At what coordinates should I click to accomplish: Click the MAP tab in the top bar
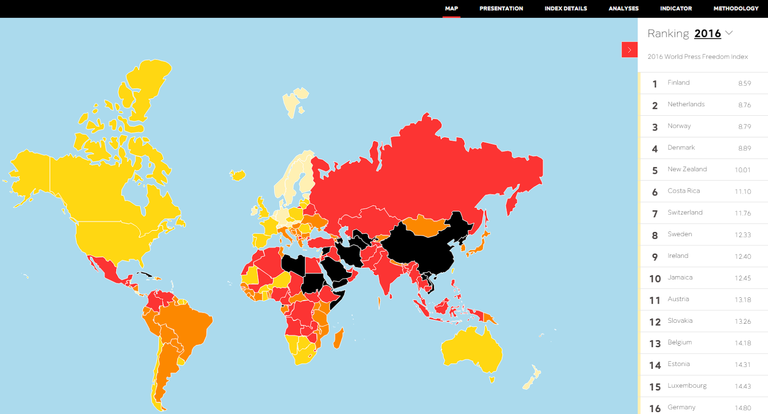coord(451,9)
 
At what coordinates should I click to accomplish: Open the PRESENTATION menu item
coord(501,9)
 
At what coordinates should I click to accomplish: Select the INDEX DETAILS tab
coord(565,9)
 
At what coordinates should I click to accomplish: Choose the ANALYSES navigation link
coord(624,9)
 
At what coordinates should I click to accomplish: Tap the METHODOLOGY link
coord(736,9)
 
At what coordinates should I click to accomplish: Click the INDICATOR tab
coord(676,9)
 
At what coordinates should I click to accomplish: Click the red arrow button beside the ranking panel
coord(629,50)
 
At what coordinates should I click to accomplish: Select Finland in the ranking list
coord(678,83)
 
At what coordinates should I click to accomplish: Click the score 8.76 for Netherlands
coord(744,105)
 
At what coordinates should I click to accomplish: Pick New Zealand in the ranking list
coord(687,169)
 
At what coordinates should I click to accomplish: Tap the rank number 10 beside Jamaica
coord(655,279)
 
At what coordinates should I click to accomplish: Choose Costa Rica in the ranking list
coord(684,191)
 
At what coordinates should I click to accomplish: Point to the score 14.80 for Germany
coord(743,408)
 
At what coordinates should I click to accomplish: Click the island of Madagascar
coord(338,338)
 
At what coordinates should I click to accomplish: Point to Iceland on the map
coord(238,174)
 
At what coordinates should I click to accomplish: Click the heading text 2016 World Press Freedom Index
coord(697,57)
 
